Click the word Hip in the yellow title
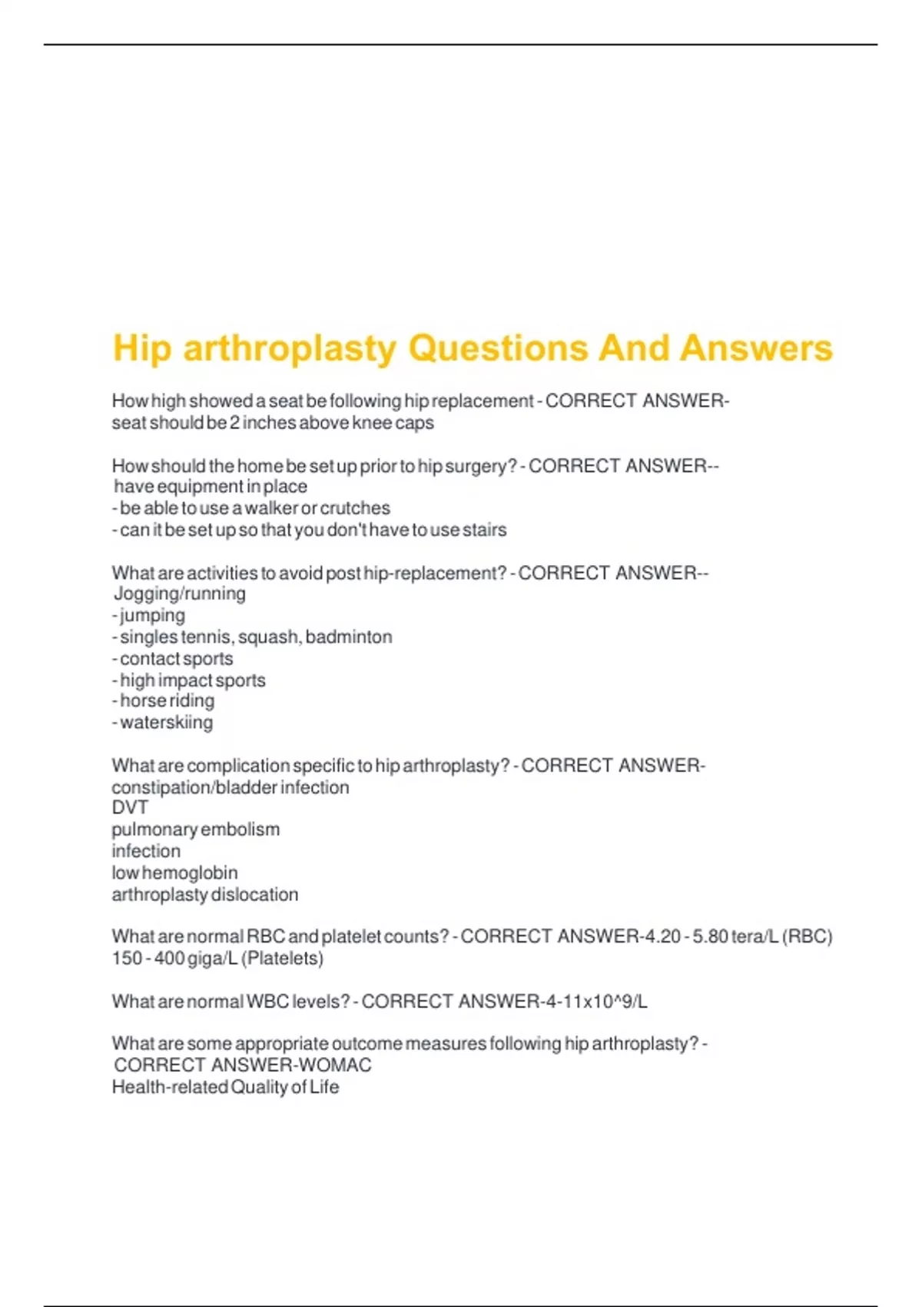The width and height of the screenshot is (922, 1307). point(141,348)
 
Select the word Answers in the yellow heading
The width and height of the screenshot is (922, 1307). point(757,348)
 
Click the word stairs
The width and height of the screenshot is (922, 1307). point(484,530)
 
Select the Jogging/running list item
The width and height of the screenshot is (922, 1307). point(180,594)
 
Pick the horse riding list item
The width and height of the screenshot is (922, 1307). point(167,700)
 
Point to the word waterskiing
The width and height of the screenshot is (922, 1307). point(166,722)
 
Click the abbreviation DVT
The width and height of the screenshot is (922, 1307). point(130,807)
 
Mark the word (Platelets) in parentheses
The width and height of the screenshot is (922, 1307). point(282,958)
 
